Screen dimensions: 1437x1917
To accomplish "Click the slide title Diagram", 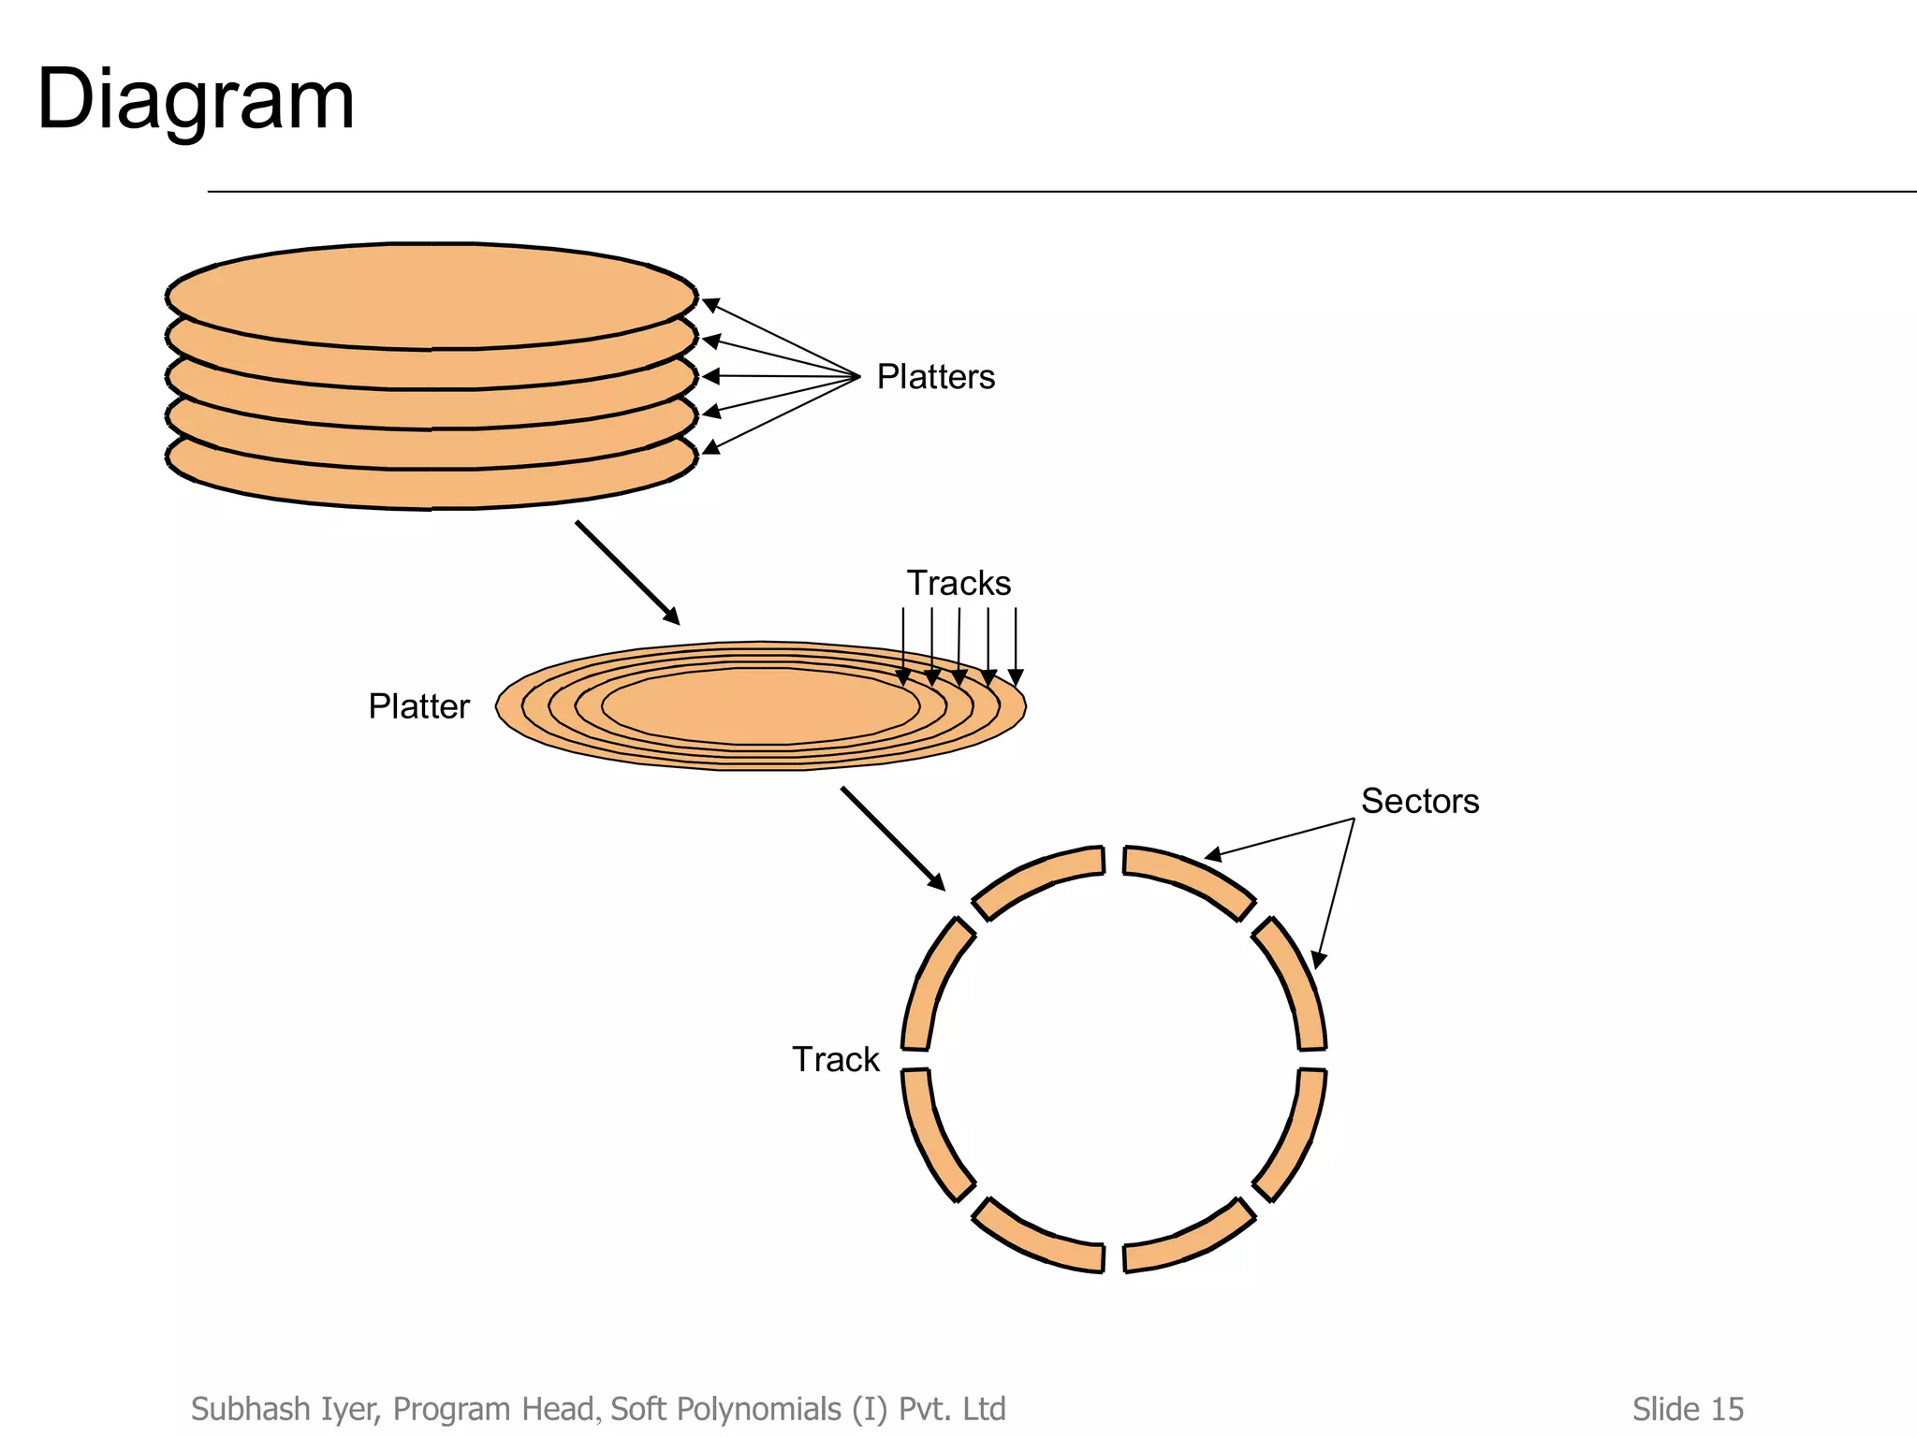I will [x=196, y=99].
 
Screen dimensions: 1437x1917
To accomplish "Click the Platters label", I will [x=935, y=377].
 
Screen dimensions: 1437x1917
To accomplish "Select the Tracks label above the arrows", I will [x=958, y=583].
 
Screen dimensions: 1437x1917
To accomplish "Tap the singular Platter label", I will [x=418, y=706].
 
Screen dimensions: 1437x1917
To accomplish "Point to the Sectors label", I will [x=1419, y=802].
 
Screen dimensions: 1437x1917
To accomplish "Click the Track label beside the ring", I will [x=835, y=1060].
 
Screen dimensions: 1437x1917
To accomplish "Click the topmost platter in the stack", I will [x=431, y=294].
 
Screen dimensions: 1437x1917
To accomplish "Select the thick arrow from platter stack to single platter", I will [x=626, y=572].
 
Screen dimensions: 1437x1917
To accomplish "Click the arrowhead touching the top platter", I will [x=710, y=304].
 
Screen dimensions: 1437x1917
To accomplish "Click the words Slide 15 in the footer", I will [x=1687, y=1409].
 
